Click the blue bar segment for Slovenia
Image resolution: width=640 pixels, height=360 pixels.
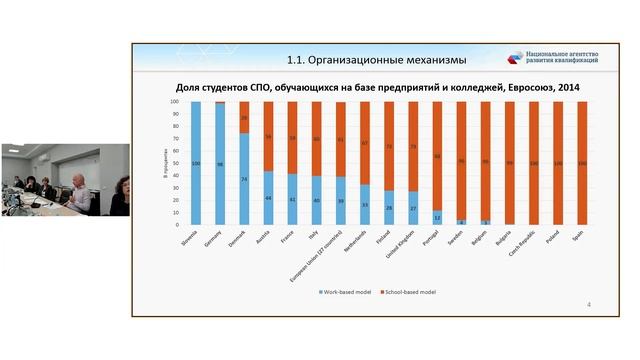pos(196,162)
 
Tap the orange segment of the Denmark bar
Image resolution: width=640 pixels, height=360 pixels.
pos(244,117)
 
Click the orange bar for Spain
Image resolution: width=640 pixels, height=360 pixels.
pos(581,162)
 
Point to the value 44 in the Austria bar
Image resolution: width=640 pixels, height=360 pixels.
pos(268,198)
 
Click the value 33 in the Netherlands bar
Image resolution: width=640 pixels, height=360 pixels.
pos(365,205)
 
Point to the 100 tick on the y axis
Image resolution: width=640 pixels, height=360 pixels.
pos(175,101)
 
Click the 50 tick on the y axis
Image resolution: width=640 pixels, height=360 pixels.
pos(176,162)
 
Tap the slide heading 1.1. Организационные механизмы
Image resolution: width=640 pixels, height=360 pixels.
pos(349,58)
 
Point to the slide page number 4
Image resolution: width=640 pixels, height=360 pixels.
pos(588,304)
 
